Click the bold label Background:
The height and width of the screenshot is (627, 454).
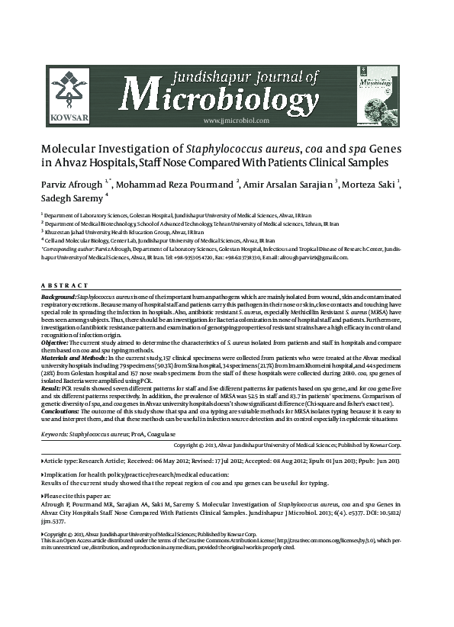pyautogui.click(x=58, y=294)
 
